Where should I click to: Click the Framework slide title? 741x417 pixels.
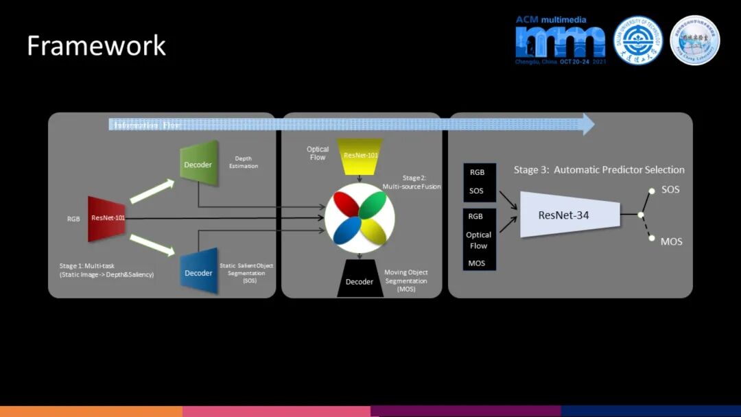coord(96,46)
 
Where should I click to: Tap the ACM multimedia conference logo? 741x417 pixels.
coord(561,40)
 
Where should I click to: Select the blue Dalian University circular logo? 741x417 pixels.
coord(637,40)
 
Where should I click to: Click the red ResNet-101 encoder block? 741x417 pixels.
coord(106,218)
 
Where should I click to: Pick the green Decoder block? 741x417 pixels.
coord(199,165)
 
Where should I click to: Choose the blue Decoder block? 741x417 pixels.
coord(199,272)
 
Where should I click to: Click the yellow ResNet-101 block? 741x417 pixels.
coord(360,156)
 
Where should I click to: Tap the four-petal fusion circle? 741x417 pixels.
coord(360,218)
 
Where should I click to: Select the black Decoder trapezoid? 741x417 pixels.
coord(360,280)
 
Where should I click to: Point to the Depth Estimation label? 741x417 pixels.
coord(246,162)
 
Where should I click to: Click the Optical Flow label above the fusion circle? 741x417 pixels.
coord(318,153)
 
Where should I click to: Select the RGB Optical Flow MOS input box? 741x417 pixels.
coord(479,239)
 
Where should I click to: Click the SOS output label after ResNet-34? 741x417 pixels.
coord(670,189)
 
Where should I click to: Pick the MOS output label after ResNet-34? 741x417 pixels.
coord(671,241)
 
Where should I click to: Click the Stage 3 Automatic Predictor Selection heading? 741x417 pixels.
coord(599,169)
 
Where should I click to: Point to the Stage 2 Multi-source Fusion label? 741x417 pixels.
coord(412,182)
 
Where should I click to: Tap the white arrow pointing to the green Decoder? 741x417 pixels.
coord(151,191)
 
